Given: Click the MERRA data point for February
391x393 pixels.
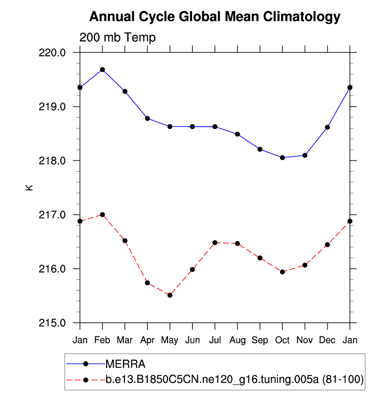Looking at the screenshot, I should pyautogui.click(x=102, y=70).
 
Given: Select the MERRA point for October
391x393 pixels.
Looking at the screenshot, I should pyautogui.click(x=282, y=157).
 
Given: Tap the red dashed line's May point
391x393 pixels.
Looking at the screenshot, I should pyautogui.click(x=170, y=295).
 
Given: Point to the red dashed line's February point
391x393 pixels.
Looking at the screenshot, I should pyautogui.click(x=102, y=214).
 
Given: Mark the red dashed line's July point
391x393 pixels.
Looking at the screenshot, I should pyautogui.click(x=215, y=243).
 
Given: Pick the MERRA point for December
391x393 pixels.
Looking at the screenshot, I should pyautogui.click(x=327, y=127).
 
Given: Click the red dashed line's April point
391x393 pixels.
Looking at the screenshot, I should pyautogui.click(x=147, y=283).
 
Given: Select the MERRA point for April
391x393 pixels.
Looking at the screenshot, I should pyautogui.click(x=147, y=118).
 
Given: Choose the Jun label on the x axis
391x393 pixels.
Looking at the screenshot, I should pyautogui.click(x=192, y=340).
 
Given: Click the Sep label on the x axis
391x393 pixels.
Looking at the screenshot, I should pyautogui.click(x=260, y=340).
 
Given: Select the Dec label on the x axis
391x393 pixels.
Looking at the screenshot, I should pyautogui.click(x=327, y=340).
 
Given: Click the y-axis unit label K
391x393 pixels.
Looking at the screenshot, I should pyautogui.click(x=29, y=187).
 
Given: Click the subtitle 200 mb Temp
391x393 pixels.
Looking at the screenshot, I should pyautogui.click(x=118, y=38).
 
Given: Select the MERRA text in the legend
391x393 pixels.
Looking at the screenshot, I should pyautogui.click(x=125, y=364).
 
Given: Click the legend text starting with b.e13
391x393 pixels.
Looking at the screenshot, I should pyautogui.click(x=234, y=380).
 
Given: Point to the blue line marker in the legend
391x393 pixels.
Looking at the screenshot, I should pyautogui.click(x=85, y=364).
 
